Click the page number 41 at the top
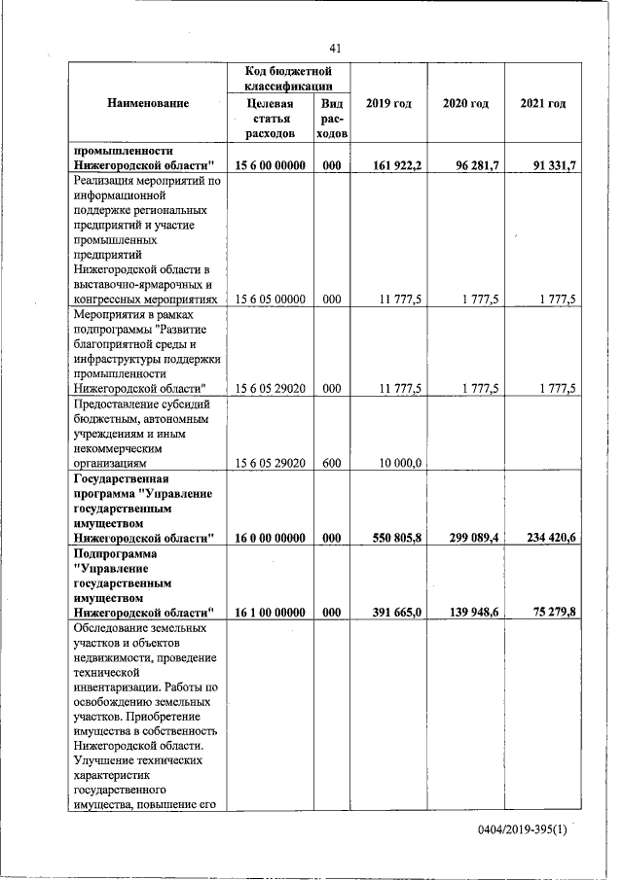[335, 49]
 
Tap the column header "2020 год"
[465, 103]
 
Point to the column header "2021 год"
[543, 103]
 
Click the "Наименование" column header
[148, 103]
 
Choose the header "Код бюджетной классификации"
[288, 79]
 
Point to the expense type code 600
[331, 463]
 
